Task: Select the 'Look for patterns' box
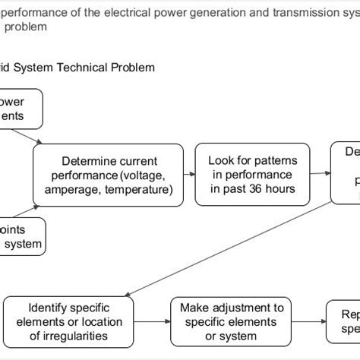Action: pos(253,175)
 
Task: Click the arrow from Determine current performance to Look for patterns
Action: pos(189,175)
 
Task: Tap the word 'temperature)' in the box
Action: pos(140,190)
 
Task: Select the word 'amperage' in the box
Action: pos(75,190)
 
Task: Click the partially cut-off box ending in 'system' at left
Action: pos(23,237)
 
